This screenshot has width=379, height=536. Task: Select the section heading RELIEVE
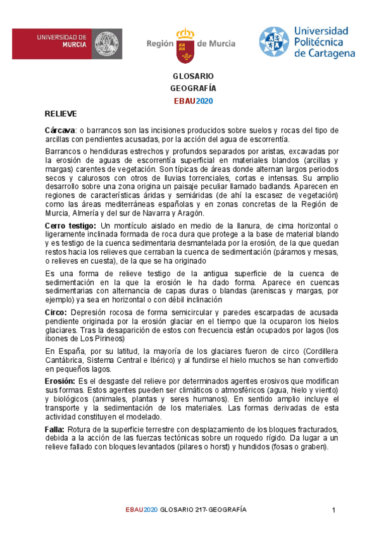point(61,114)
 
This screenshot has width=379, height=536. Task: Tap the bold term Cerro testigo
point(71,226)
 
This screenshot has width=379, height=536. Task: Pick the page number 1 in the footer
point(333,509)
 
